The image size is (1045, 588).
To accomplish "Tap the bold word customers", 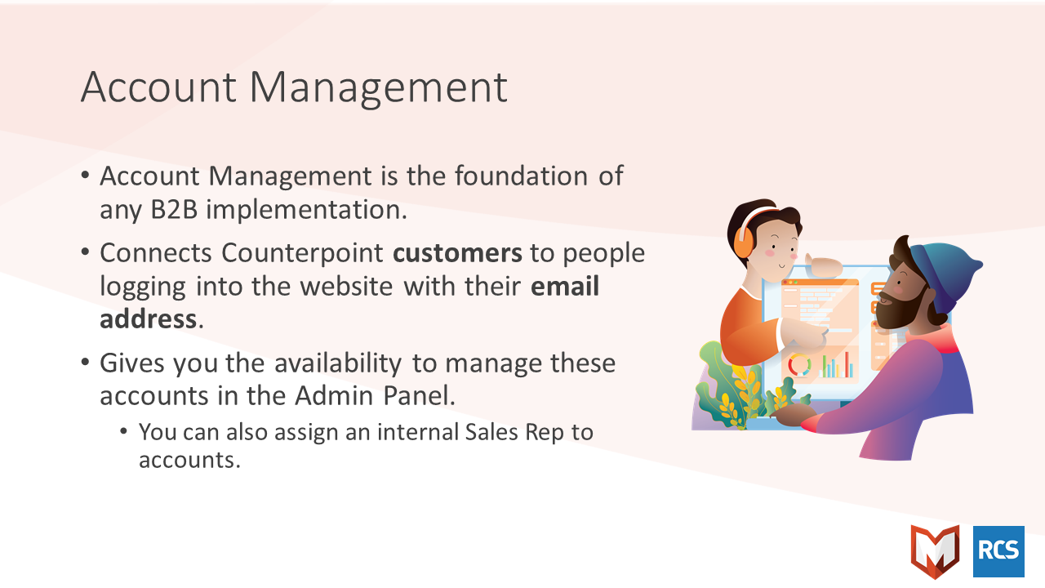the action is pyautogui.click(x=457, y=253).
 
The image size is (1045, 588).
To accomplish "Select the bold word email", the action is pyautogui.click(x=565, y=286).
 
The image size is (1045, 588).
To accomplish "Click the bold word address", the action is pyautogui.click(x=149, y=319).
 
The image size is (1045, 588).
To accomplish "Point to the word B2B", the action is pyautogui.click(x=174, y=210).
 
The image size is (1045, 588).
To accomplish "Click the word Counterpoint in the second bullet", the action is pyautogui.click(x=302, y=254).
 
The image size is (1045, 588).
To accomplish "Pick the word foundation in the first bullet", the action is pyautogui.click(x=521, y=176).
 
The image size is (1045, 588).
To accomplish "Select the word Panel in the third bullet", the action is pyautogui.click(x=419, y=396).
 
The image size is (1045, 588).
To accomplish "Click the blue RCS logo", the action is pyautogui.click(x=998, y=551).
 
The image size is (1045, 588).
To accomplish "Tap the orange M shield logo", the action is pyautogui.click(x=935, y=550).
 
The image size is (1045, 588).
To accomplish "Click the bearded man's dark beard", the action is pyautogui.click(x=898, y=310).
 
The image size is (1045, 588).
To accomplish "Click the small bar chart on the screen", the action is pyautogui.click(x=838, y=365).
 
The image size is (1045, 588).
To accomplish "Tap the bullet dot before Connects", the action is pyautogui.click(x=85, y=252).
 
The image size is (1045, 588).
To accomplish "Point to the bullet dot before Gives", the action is pyautogui.click(x=85, y=363).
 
